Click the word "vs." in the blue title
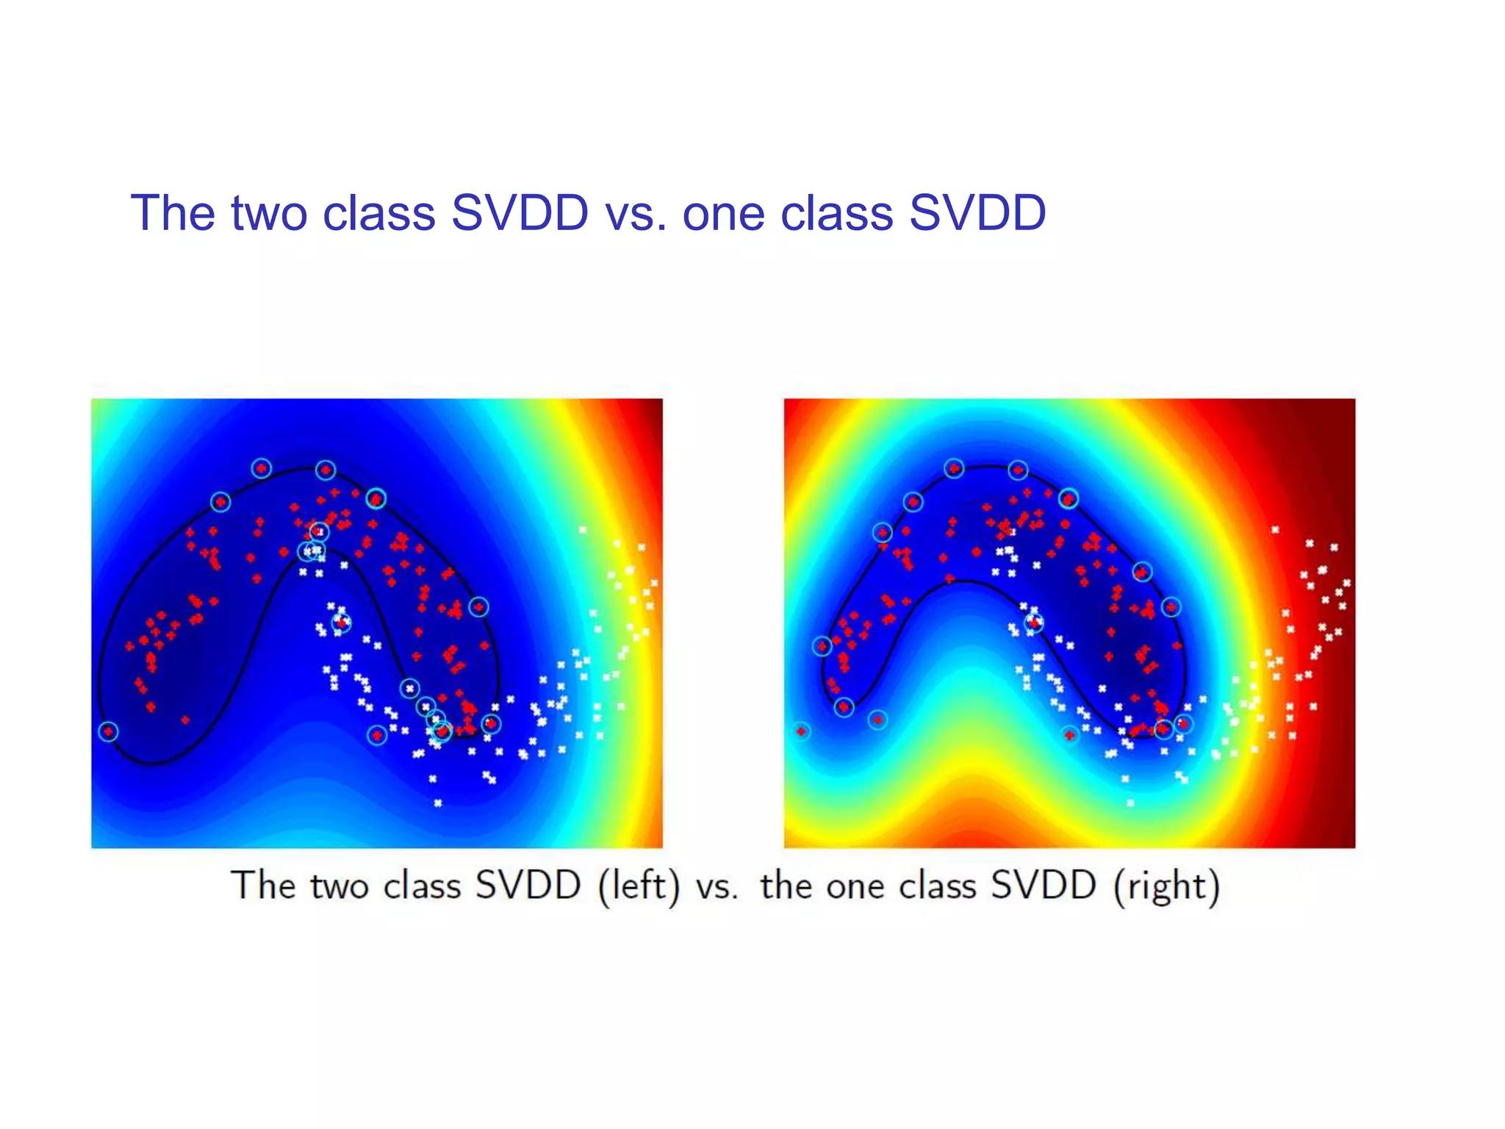636,214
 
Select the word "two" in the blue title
270,214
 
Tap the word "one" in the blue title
723,214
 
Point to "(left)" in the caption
639,886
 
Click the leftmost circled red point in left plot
108,731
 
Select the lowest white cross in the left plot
438,803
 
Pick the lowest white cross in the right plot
1130,803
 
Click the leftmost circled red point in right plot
801,731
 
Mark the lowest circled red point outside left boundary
377,735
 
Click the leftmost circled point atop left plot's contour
220,502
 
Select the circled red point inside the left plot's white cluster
341,623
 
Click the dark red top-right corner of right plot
1341,412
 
